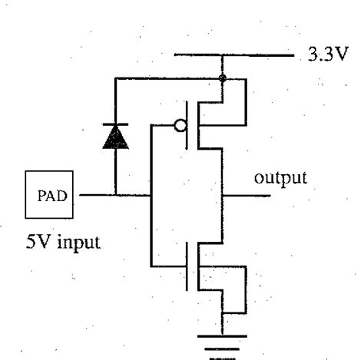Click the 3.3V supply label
[326, 56]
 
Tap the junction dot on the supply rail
[223, 78]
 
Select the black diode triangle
[114, 137]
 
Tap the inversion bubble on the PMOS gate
[181, 126]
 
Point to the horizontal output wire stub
[246, 195]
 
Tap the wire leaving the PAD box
[96, 195]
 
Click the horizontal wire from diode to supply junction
[169, 78]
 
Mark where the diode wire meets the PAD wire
[114, 195]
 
